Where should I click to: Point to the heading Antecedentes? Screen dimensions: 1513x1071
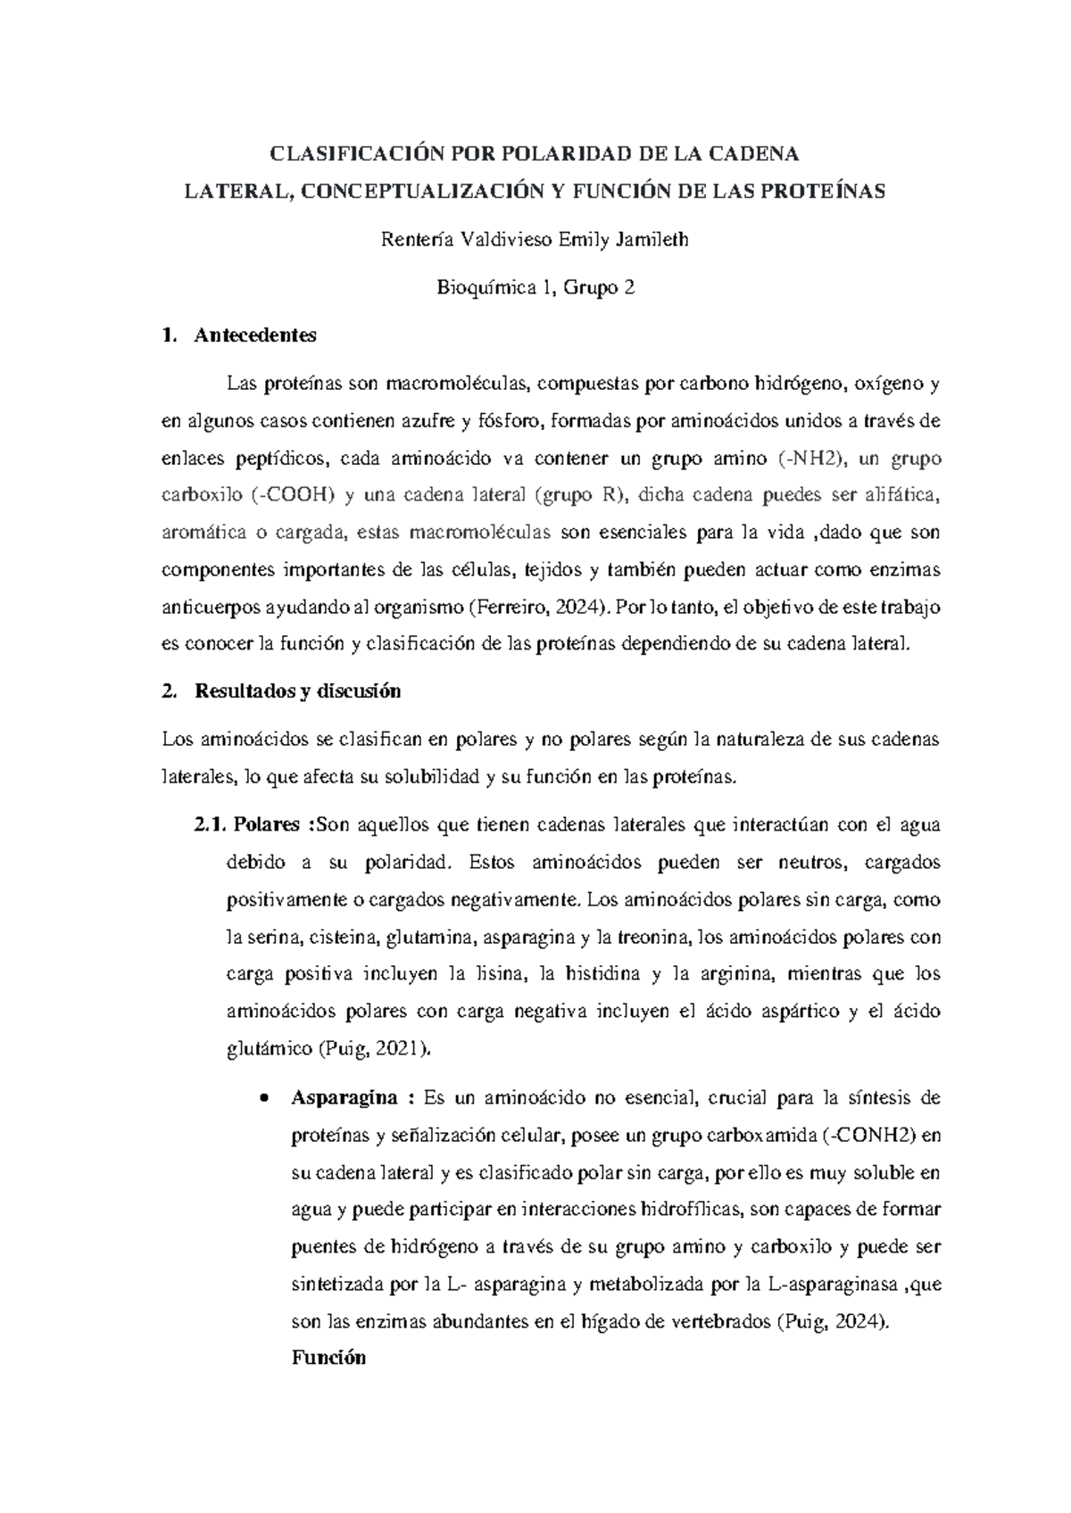click(x=255, y=336)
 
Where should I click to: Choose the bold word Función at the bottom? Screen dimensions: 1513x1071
click(x=328, y=1358)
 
